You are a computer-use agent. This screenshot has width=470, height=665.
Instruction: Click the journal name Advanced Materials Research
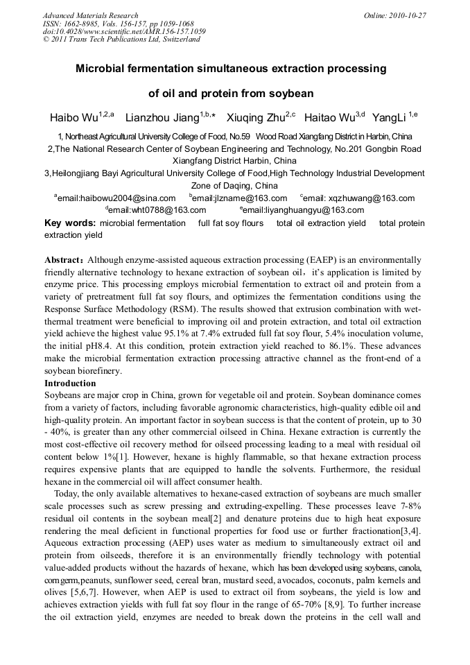click(90, 15)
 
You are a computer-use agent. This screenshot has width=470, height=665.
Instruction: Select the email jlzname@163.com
click(231, 198)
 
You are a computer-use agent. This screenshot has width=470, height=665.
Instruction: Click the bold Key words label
click(69, 223)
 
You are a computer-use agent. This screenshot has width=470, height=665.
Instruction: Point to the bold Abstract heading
click(64, 259)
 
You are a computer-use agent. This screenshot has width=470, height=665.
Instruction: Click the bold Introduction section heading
click(70, 383)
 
